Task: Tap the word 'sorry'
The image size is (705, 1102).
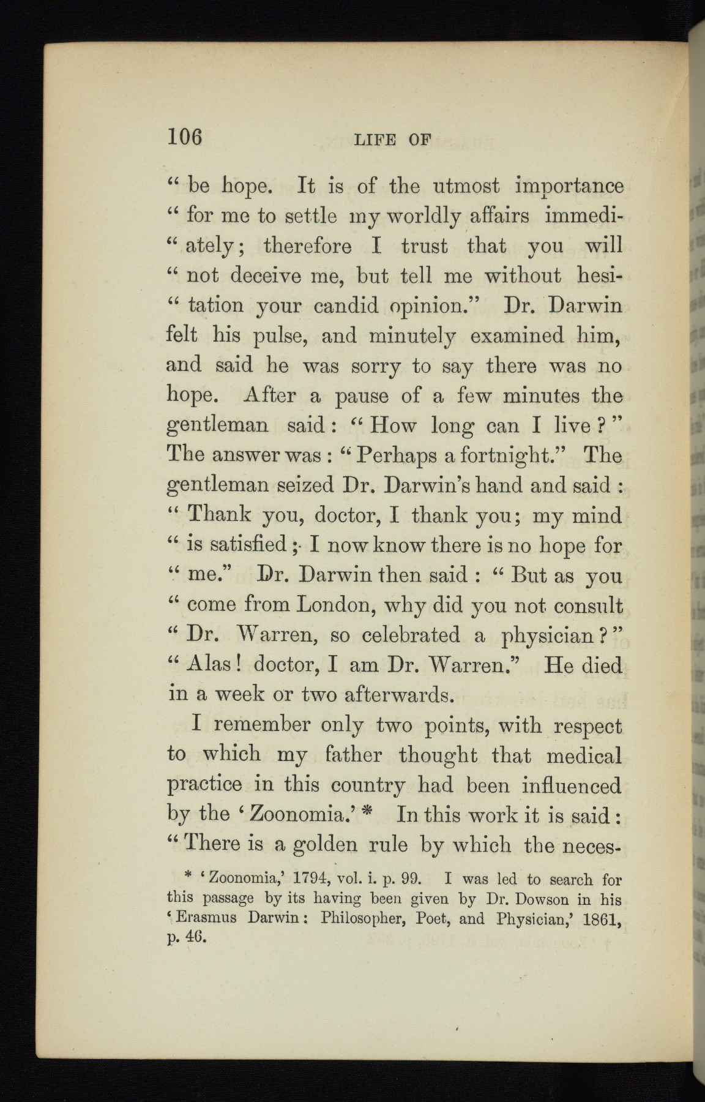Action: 375,366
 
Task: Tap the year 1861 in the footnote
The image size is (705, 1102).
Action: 599,919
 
